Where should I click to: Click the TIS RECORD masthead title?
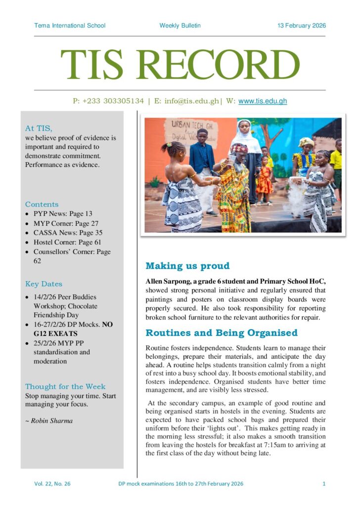180,65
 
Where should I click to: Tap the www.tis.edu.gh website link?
263,101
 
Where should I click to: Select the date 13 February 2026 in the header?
302,26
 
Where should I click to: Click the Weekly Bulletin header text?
180,26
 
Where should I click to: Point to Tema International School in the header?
70,26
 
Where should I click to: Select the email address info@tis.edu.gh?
191,101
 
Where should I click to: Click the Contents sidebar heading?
42,204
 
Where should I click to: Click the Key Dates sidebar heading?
44,284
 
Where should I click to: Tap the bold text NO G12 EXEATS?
59,324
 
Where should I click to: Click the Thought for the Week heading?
65,386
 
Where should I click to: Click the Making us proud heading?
187,266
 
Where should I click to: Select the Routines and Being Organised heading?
222,333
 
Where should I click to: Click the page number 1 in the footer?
324,484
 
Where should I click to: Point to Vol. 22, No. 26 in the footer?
52,484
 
